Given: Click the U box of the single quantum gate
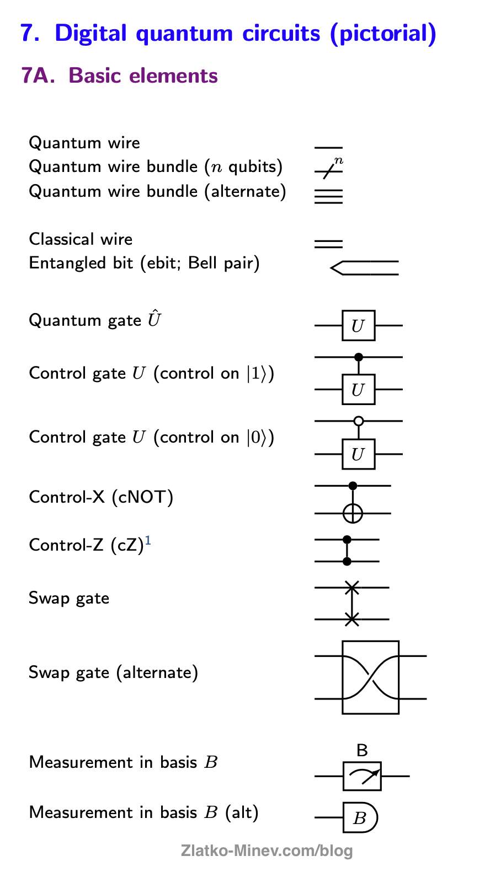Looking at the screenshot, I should (358, 326).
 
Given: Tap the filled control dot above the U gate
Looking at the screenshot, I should (359, 357).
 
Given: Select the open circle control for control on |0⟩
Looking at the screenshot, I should (359, 421).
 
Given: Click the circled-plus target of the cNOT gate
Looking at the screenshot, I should (353, 513).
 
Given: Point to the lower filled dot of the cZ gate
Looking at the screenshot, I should (347, 561).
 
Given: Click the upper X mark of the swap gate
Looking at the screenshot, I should (352, 588).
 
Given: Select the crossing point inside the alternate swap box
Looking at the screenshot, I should (370, 677).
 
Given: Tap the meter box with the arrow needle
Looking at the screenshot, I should (362, 776).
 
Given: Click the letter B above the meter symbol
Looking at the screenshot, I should (362, 750).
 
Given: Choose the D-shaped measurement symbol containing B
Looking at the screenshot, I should (360, 817).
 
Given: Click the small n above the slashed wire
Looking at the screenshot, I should (339, 160).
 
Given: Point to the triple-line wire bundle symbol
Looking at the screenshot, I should (328, 197).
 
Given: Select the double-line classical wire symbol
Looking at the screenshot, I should (328, 244).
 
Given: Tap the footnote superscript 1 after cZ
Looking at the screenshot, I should (148, 542).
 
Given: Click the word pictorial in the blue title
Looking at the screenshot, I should (383, 33).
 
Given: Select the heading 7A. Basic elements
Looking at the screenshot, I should (120, 76).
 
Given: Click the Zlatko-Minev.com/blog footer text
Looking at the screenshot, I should (267, 850).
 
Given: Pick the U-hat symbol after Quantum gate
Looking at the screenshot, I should (154, 319).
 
